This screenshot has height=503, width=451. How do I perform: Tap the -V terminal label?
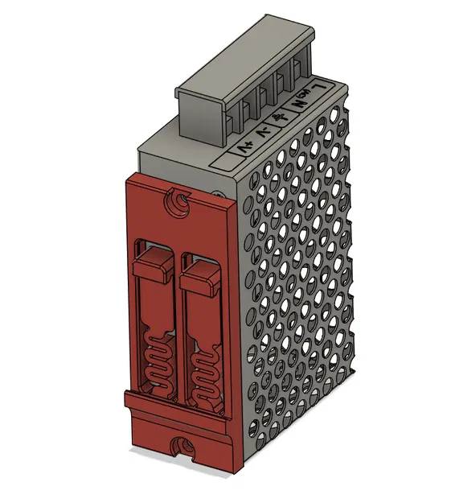tap(263, 133)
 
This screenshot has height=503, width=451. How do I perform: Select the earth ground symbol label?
tap(282, 118)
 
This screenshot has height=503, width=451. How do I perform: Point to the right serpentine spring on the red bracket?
tap(203, 371)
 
